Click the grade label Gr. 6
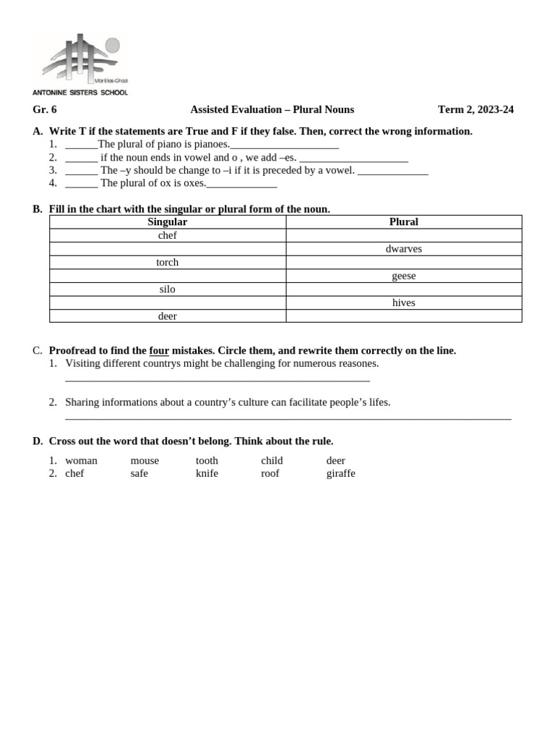point(44,110)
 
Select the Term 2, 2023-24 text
point(476,110)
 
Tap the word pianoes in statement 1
point(211,144)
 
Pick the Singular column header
point(167,222)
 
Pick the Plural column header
point(403,222)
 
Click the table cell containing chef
point(167,235)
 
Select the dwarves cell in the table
point(403,249)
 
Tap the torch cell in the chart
point(167,263)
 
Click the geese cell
point(403,276)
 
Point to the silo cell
point(167,289)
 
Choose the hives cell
point(403,302)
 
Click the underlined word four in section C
point(159,351)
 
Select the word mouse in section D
point(145,461)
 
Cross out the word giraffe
point(340,474)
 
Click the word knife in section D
point(207,474)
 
